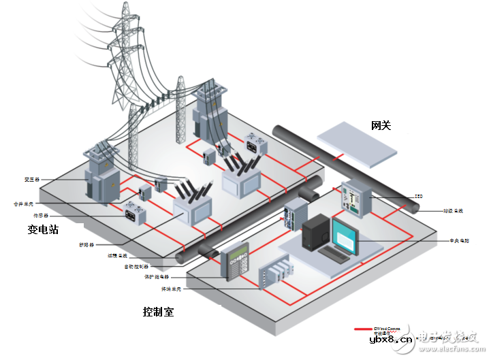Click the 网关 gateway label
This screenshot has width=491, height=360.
381,125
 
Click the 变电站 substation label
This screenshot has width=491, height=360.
43,230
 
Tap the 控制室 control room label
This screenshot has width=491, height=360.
158,312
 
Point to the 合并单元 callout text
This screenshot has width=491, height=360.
27,203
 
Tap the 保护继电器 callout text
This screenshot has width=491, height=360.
157,278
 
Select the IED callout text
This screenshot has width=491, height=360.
419,195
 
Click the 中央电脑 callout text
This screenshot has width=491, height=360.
460,241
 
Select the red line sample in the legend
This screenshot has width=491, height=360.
362,329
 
